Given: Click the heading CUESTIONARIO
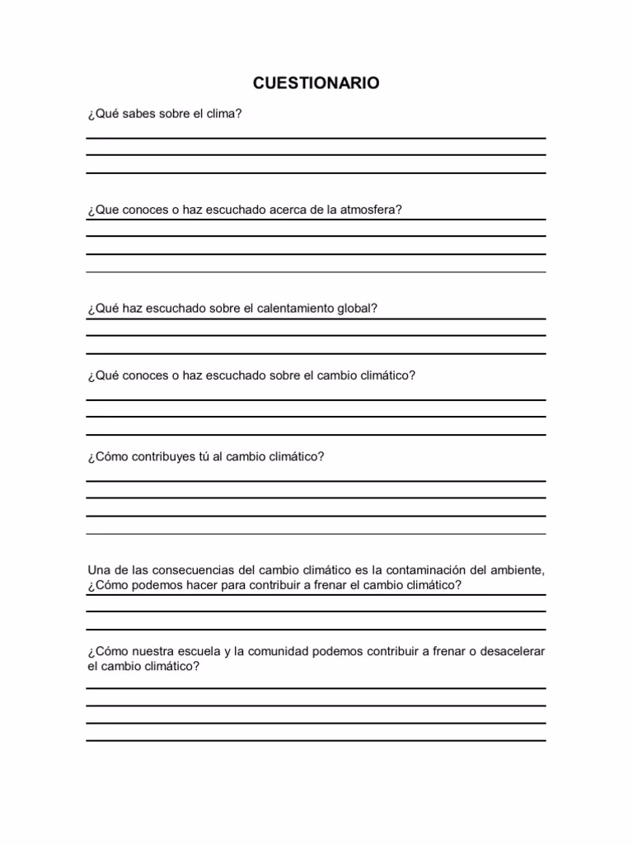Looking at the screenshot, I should click(316, 83).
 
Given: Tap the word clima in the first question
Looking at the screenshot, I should click(223, 114).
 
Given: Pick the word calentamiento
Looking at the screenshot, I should click(292, 309).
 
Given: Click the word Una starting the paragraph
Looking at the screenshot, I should click(98, 569).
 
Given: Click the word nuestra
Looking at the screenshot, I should click(147, 651).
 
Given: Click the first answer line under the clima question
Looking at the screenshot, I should click(316, 138).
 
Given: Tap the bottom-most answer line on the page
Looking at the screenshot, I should click(316, 740).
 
